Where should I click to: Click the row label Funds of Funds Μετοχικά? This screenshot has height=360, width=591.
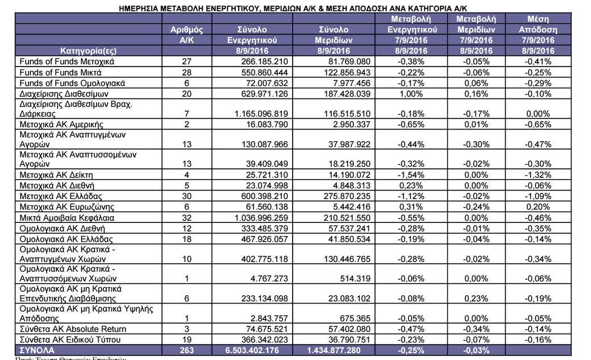click(x=67, y=61)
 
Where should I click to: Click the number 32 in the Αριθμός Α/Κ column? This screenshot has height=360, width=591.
click(x=186, y=217)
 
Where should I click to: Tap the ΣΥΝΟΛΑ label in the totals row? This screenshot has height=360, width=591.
click(x=38, y=350)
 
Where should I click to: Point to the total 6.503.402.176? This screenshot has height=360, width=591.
click(x=258, y=350)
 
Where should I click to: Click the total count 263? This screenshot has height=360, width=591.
click(x=186, y=350)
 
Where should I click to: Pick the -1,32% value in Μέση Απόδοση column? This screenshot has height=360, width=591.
click(x=537, y=175)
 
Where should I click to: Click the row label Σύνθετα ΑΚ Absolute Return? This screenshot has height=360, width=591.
click(x=73, y=329)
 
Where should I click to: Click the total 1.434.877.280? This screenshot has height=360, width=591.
click(x=342, y=350)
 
